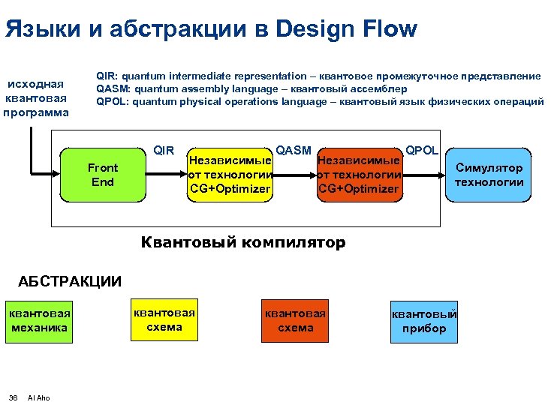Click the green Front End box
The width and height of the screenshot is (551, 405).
(x=102, y=175)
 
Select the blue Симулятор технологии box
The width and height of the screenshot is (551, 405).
(x=489, y=175)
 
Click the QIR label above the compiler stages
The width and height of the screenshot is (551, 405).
(x=164, y=150)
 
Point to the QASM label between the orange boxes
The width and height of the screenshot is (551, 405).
(x=294, y=150)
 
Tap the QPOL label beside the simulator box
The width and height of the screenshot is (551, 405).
(x=422, y=150)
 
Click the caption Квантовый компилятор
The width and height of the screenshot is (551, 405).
(x=243, y=242)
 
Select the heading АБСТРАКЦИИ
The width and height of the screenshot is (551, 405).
(x=69, y=281)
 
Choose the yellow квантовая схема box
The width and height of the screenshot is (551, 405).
(x=164, y=320)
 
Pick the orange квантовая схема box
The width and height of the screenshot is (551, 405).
(x=296, y=321)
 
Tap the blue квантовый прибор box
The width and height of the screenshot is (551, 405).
(x=424, y=322)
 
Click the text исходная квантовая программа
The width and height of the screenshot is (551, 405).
(x=35, y=98)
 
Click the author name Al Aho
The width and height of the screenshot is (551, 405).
(x=38, y=397)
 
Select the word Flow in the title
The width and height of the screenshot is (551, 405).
(x=385, y=29)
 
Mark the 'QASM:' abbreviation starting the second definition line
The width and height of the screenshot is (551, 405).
(x=113, y=89)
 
